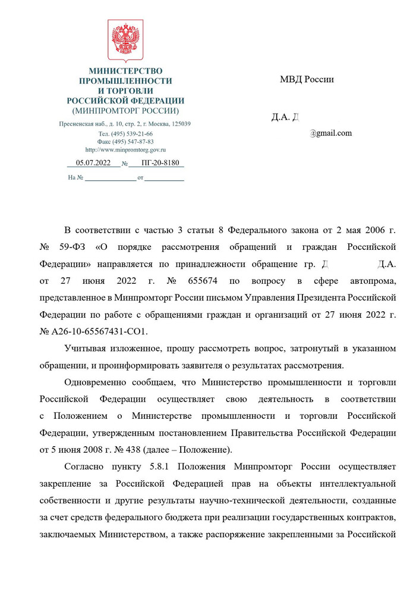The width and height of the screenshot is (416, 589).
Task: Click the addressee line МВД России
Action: [307, 80]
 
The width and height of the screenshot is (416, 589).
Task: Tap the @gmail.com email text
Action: [331, 133]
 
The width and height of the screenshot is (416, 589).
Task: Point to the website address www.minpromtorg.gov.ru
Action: [125, 150]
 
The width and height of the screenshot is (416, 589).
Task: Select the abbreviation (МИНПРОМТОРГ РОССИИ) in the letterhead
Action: [125, 111]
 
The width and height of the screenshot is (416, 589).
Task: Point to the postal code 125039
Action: [179, 124]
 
